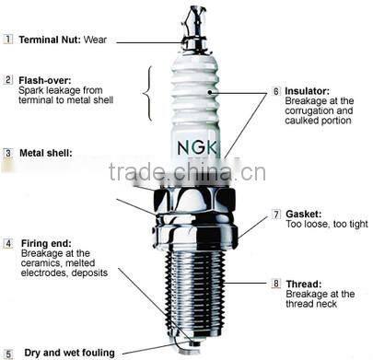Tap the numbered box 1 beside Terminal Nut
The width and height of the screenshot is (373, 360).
(7, 40)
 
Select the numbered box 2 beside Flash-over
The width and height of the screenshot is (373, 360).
(7, 80)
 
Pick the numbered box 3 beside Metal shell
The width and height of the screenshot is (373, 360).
(7, 153)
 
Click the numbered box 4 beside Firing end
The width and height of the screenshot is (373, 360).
(7, 243)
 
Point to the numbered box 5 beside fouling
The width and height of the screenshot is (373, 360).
(7, 352)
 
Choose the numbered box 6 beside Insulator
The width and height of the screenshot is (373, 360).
(276, 92)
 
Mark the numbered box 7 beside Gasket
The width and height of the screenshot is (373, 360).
(276, 214)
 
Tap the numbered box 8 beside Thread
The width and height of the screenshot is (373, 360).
(276, 284)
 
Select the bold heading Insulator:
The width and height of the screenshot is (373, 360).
(308, 92)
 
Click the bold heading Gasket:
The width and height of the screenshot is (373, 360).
(304, 214)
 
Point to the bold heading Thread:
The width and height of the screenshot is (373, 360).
(303, 284)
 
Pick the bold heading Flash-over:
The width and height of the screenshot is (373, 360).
(44, 80)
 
